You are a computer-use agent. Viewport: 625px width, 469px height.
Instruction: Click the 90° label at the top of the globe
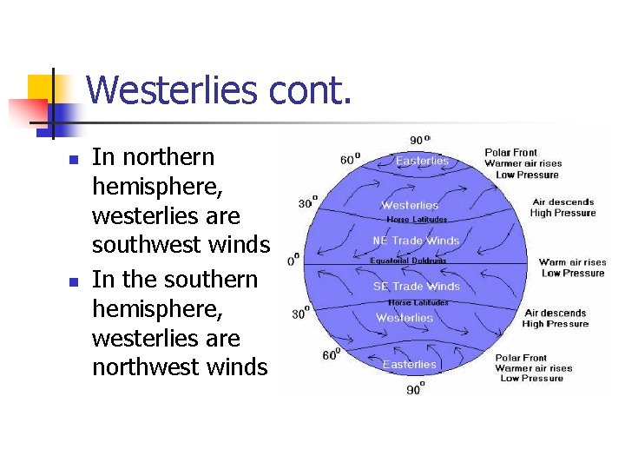[418, 140]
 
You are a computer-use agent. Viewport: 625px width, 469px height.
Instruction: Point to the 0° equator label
[293, 258]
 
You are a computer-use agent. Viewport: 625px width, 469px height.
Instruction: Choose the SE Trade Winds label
[417, 287]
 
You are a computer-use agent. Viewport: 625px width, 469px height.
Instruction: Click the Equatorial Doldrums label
[407, 261]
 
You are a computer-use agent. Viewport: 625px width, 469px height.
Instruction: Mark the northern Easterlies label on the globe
[422, 161]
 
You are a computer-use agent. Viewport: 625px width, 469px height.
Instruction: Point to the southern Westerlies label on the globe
[405, 318]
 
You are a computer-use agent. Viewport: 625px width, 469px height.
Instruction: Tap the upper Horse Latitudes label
[417, 220]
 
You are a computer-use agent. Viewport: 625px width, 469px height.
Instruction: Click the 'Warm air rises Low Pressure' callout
[573, 268]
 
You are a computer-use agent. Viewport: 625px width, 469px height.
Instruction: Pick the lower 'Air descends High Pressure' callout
[556, 319]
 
